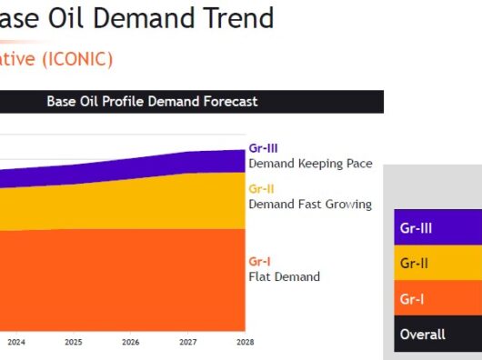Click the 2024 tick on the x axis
point(16,342)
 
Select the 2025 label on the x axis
point(74,342)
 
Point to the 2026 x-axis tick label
point(131,342)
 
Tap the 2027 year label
point(188,342)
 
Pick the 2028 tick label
point(246,342)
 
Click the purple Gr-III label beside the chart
point(263,148)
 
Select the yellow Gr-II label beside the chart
point(261,189)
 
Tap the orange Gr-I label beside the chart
point(259,262)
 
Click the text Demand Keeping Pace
point(310,164)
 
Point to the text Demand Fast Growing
point(310,205)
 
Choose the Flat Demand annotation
point(285,276)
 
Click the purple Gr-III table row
point(438,227)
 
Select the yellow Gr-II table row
point(438,263)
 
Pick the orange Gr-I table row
point(438,297)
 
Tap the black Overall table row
point(438,334)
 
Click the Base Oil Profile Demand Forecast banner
point(192,102)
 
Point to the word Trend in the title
point(238,18)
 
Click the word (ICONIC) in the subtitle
point(77,59)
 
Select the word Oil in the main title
point(65,18)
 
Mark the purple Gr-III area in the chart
point(154,171)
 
